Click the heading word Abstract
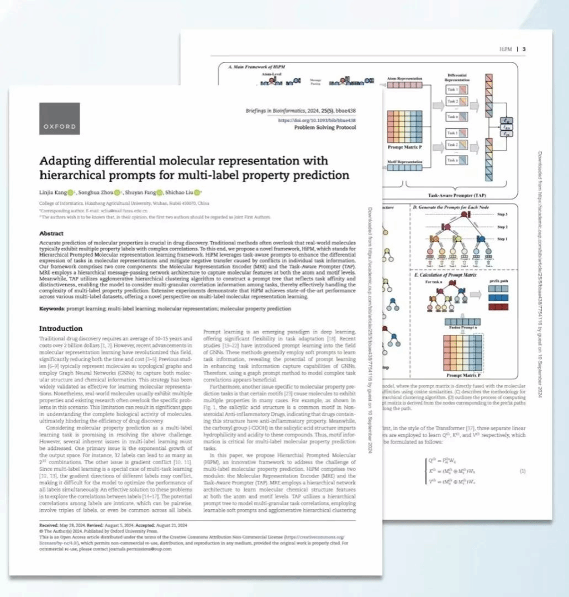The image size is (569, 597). [51, 233]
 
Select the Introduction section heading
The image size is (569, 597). [61, 328]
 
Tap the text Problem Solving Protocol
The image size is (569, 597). [324, 128]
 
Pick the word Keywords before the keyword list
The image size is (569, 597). [55, 308]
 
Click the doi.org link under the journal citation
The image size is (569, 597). [317, 120]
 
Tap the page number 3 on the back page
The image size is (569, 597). [523, 49]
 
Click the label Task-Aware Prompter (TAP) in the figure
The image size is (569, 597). [458, 195]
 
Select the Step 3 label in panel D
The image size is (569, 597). [502, 213]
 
